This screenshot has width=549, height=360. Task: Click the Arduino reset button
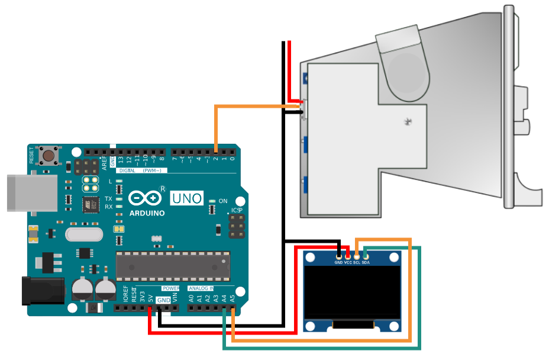[49, 156]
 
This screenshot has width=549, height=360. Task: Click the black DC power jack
[42, 290]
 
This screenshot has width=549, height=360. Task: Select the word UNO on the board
[186, 198]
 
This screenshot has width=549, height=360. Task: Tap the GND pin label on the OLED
[338, 262]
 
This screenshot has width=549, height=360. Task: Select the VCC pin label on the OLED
[348, 262]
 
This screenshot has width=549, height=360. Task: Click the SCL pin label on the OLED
[357, 262]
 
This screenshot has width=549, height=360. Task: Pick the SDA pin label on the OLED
[366, 262]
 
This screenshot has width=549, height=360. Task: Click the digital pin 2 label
[216, 159]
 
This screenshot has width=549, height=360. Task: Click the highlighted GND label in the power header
[163, 300]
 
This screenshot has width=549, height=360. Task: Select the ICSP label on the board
[237, 210]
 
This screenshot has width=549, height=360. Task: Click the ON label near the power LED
[223, 201]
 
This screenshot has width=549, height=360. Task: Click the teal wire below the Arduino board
[319, 348]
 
